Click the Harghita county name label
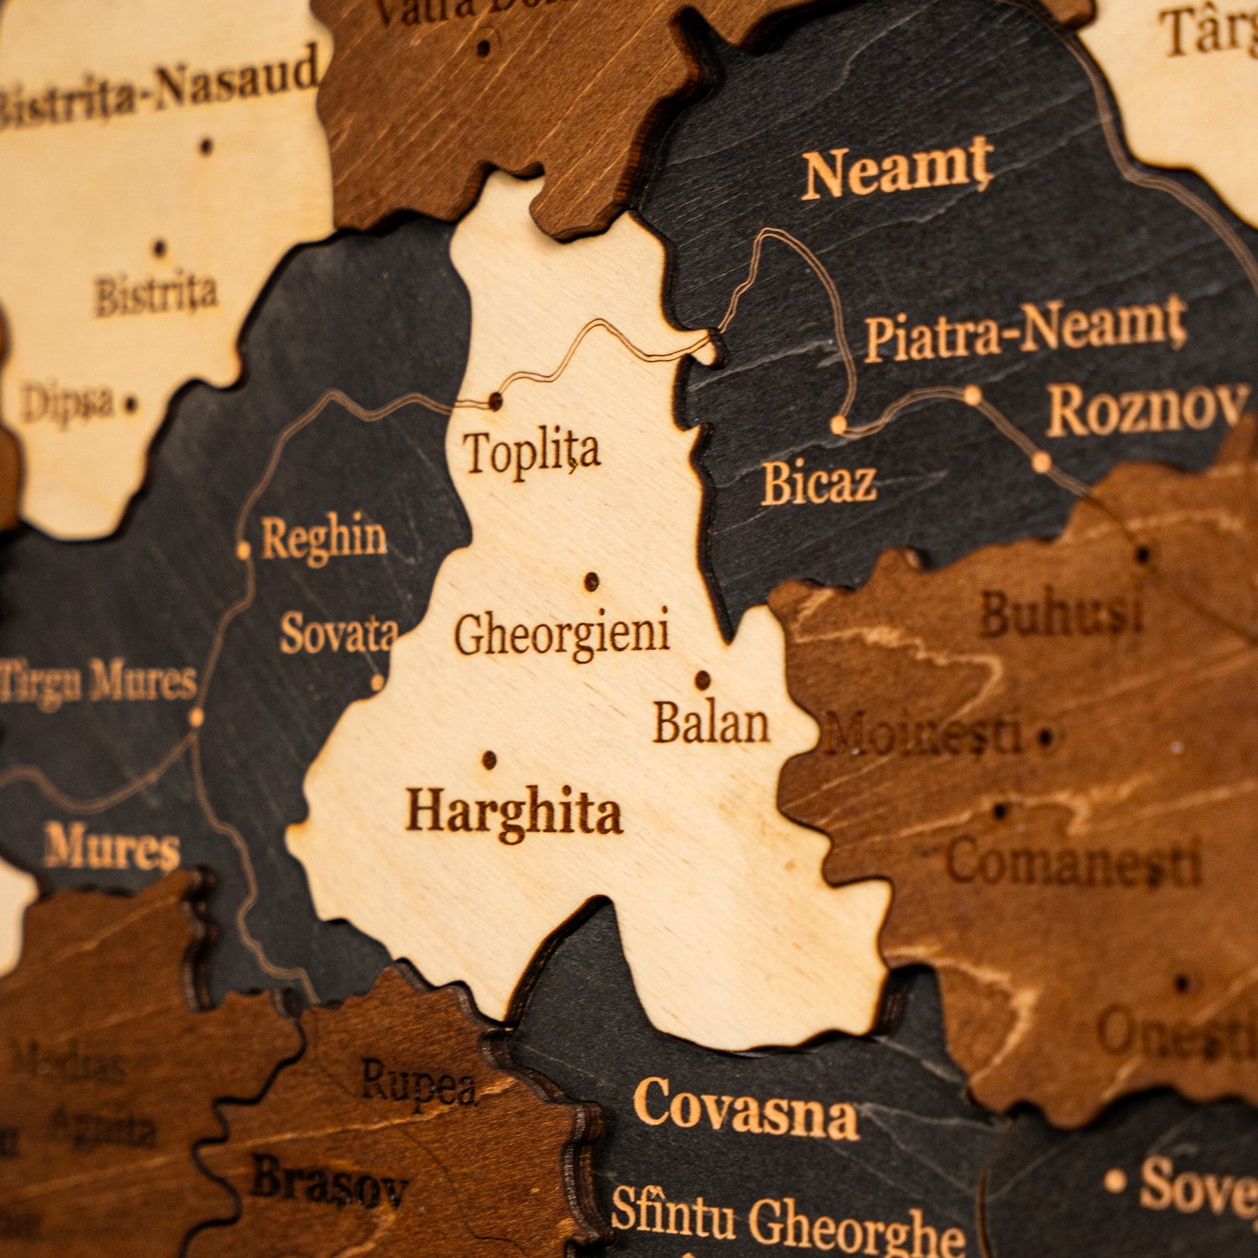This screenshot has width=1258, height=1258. pyautogui.click(x=514, y=813)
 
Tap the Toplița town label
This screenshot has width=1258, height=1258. pyautogui.click(x=531, y=453)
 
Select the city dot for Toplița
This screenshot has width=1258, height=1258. pyautogui.click(x=495, y=401)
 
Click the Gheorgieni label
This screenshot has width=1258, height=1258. pyautogui.click(x=562, y=634)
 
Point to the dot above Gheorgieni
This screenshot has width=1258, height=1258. pyautogui.click(x=591, y=581)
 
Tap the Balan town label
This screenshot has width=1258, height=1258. pyautogui.click(x=711, y=723)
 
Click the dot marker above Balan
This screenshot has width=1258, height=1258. pyautogui.click(x=702, y=680)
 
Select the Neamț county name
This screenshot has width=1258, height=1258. pyautogui.click(x=897, y=172)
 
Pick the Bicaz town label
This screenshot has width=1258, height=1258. pyautogui.click(x=818, y=483)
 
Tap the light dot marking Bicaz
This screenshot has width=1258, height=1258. pyautogui.click(x=838, y=425)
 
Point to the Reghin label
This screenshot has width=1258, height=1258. pyautogui.click(x=324, y=539)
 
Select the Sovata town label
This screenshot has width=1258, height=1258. pyautogui.click(x=339, y=633)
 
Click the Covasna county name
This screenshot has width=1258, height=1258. pyautogui.click(x=746, y=1110)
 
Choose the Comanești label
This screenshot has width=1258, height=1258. pyautogui.click(x=1073, y=864)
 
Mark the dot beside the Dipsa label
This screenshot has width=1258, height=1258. pyautogui.click(x=131, y=404)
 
